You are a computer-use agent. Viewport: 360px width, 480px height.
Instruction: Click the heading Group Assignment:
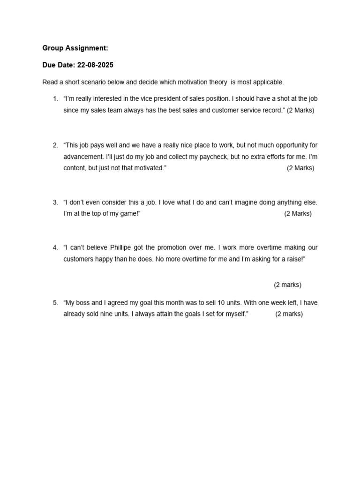75,48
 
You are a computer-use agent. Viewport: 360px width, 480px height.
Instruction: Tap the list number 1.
55,99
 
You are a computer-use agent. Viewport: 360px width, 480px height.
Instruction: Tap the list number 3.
55,202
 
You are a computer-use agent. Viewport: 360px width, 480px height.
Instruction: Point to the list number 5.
55,303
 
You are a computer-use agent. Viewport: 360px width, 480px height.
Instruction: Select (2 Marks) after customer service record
300,111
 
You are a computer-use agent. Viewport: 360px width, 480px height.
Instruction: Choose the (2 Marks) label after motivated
300,168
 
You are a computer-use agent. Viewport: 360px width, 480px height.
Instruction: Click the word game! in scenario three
130,214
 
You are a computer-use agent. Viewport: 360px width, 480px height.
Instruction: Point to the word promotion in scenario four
173,247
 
